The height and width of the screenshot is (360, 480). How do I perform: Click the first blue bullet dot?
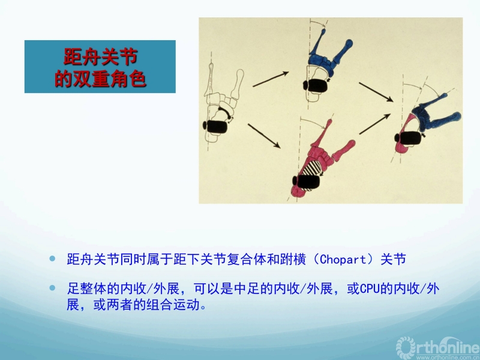(52, 259)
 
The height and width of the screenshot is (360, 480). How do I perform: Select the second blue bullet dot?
(52, 288)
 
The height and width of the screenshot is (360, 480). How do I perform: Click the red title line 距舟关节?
(100, 56)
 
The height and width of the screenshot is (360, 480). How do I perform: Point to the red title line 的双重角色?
(100, 79)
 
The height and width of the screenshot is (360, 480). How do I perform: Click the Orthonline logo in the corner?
(438, 348)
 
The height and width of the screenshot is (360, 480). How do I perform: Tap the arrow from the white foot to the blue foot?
(271, 79)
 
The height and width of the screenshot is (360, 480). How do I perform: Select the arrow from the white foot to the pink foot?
(264, 136)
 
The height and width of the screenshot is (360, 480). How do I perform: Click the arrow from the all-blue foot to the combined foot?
(376, 92)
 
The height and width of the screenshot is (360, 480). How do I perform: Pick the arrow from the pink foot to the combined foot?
(374, 124)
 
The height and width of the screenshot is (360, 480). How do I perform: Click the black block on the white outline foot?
(215, 127)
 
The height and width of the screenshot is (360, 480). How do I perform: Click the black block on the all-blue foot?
(315, 85)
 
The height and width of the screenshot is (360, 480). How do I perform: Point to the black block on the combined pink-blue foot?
(408, 137)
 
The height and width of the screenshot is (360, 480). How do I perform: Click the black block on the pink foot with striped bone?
(306, 181)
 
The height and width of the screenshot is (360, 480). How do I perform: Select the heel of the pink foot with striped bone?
(297, 191)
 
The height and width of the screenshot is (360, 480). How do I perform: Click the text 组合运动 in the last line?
(173, 305)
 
